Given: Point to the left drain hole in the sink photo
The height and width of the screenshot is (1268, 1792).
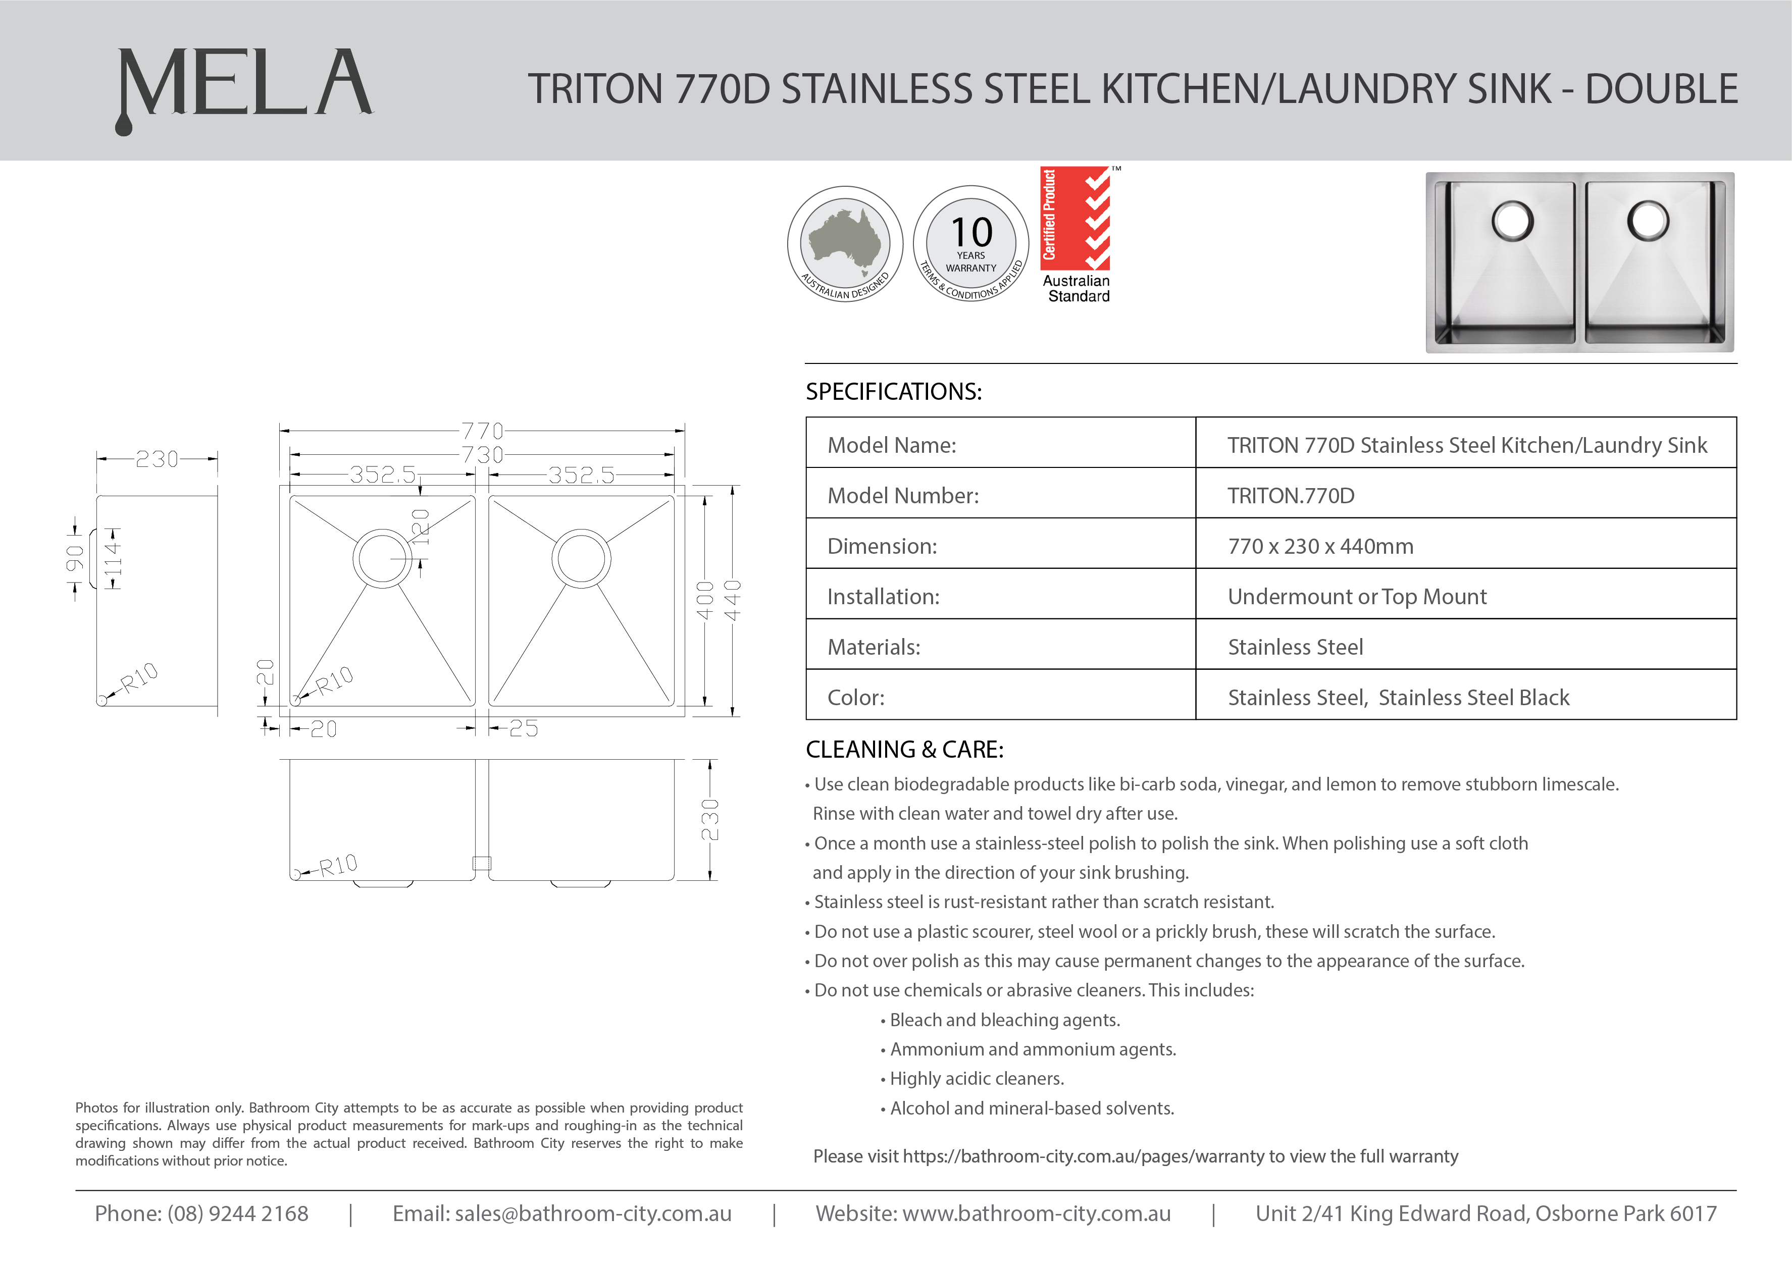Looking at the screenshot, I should coord(1512,222).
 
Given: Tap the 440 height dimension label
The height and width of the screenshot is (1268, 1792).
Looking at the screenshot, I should coord(733,600).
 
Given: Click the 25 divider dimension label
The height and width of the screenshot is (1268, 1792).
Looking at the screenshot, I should coord(523,728).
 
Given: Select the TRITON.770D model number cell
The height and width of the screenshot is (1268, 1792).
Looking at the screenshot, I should coord(1291,495).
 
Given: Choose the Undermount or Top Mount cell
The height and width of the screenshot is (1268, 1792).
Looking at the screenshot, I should coord(1357,597).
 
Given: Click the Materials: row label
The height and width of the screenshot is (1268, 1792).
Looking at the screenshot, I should coord(874,647).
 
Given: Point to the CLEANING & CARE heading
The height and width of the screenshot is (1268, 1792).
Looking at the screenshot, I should coord(904,750).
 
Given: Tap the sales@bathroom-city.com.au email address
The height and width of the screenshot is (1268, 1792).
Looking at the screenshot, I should coord(593,1213).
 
